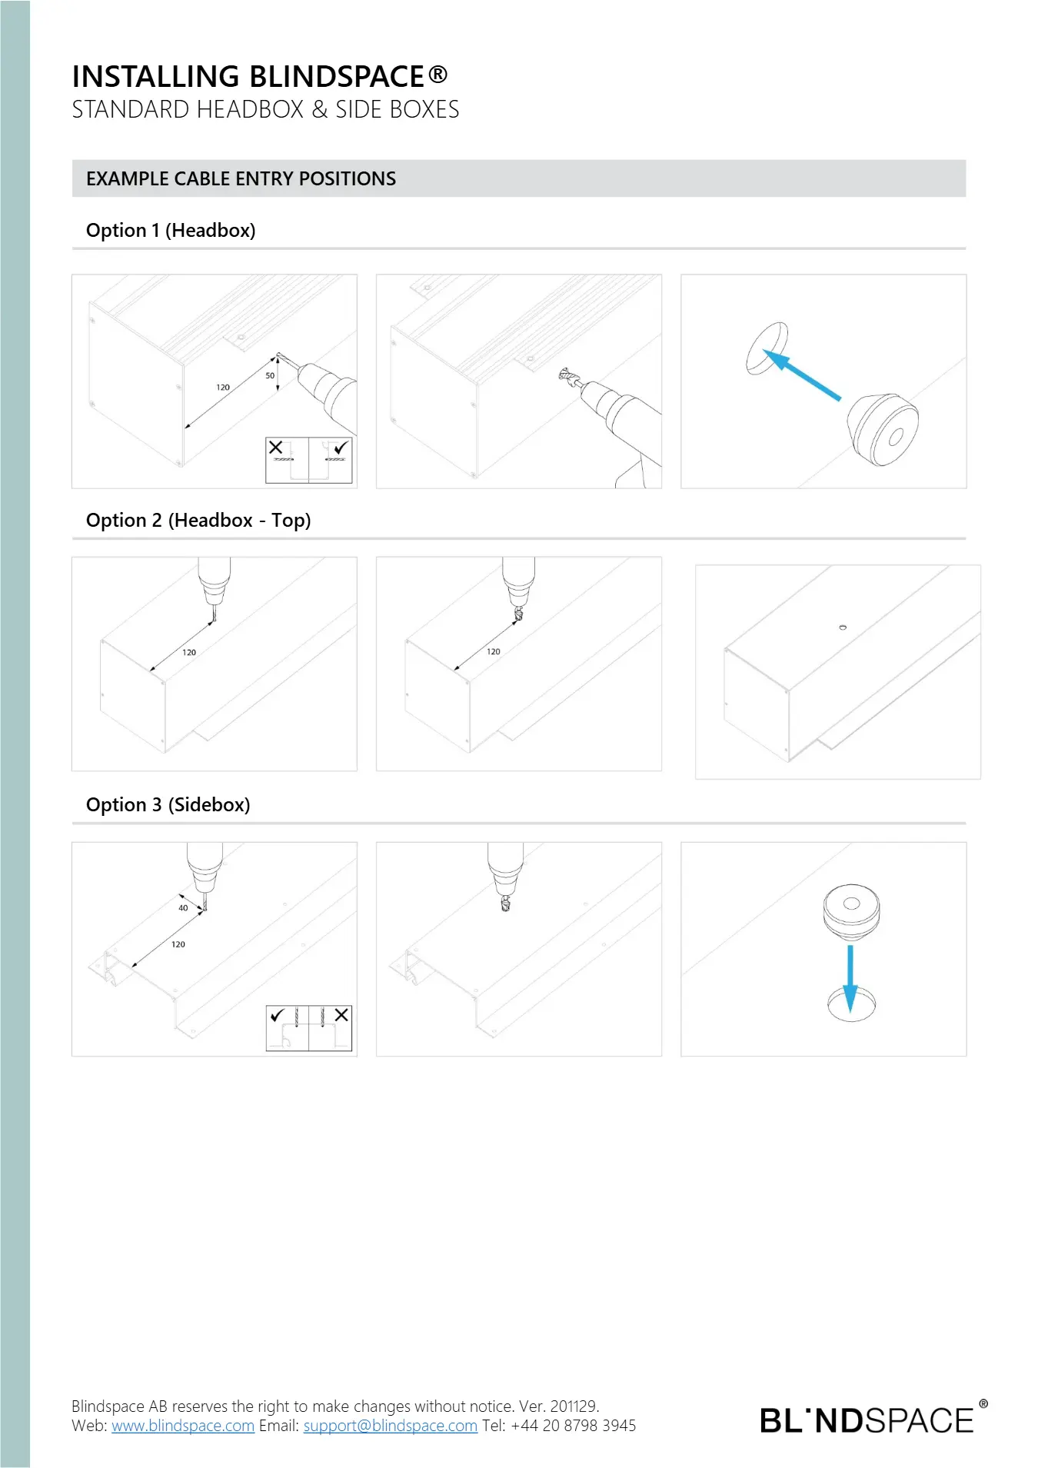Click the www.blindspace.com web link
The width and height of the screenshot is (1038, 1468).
[183, 1426]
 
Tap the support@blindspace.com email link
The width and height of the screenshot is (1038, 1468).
[391, 1426]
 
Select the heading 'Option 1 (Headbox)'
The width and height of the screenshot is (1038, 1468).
[171, 230]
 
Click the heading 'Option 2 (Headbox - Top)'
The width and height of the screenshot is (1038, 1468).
[198, 521]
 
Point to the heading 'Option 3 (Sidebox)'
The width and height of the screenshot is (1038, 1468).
[168, 805]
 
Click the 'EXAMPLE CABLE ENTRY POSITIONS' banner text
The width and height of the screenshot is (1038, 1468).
[241, 178]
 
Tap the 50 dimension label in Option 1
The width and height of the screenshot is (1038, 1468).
[270, 376]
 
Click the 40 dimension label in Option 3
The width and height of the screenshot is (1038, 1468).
[183, 908]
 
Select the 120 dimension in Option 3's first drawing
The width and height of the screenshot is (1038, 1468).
[178, 944]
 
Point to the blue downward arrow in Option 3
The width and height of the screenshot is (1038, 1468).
[850, 978]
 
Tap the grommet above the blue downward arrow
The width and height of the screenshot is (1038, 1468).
[851, 912]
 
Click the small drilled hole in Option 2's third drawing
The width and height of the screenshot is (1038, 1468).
[843, 627]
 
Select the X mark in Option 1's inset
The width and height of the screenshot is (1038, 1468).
[275, 447]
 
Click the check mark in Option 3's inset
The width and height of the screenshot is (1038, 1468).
[278, 1015]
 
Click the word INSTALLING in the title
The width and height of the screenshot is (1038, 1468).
[156, 77]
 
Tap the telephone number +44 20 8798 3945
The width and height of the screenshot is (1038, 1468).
[574, 1426]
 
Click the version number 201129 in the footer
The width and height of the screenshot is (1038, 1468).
[574, 1406]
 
